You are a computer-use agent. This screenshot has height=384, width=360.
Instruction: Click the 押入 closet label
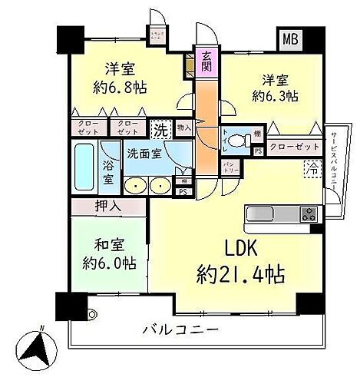point(108,206)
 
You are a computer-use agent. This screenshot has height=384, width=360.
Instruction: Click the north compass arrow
point(39,349)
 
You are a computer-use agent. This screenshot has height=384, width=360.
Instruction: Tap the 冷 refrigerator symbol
point(312,165)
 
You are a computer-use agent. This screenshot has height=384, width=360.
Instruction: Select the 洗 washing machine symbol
point(160,130)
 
